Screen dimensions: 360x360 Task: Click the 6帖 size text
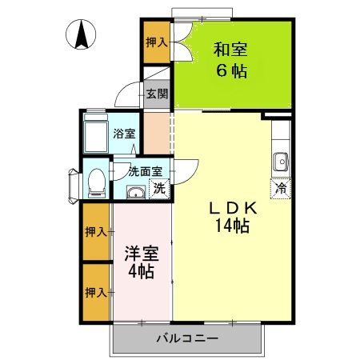tap(230, 70)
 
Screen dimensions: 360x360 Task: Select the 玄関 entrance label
tap(157, 94)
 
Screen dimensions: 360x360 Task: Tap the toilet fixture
tap(94, 182)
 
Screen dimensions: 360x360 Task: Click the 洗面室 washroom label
tap(146, 170)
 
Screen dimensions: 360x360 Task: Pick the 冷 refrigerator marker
tap(281, 189)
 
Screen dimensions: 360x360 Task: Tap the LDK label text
tap(232, 208)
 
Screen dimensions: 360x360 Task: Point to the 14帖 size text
tap(232, 226)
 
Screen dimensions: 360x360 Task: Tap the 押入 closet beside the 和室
tap(157, 42)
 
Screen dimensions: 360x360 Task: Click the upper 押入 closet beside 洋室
tap(96, 232)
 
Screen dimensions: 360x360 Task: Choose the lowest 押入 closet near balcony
tap(96, 292)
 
